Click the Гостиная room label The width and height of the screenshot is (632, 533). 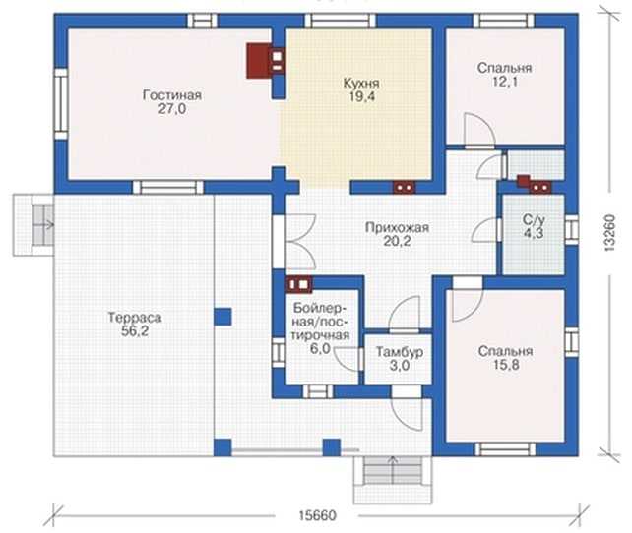click(172, 95)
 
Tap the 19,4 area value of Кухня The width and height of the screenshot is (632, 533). click(361, 97)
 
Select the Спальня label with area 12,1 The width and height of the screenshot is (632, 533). click(505, 68)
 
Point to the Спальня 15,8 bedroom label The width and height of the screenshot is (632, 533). click(505, 351)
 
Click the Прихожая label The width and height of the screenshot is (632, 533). click(397, 228)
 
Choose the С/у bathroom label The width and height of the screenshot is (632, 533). click(535, 220)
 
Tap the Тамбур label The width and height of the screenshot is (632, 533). click(400, 352)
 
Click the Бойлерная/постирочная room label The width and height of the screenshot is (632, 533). click(321, 322)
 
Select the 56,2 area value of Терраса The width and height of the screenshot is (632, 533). click(135, 331)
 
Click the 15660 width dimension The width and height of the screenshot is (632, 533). click(317, 515)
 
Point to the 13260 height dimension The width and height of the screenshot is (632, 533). click(610, 233)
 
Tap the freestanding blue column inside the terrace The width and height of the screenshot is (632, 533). click(222, 317)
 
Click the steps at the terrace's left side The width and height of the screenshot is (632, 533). click(33, 224)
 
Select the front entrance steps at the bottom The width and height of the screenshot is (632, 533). click(392, 480)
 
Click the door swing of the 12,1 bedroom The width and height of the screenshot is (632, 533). click(479, 129)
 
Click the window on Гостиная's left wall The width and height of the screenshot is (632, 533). click(61, 104)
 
